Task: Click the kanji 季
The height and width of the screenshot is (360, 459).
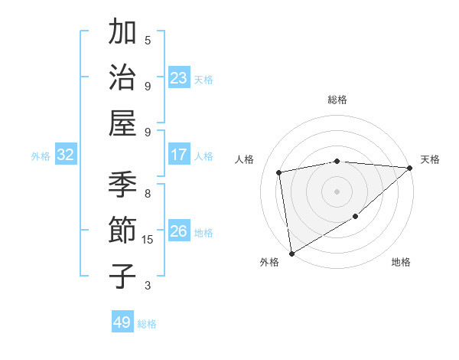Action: (x=123, y=184)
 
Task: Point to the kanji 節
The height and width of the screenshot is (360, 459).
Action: (x=123, y=230)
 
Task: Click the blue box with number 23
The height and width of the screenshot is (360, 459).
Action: (x=179, y=78)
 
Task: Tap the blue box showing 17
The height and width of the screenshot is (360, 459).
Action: (x=179, y=155)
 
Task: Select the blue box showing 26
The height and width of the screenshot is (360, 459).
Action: (x=179, y=231)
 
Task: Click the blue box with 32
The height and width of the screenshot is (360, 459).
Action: (x=66, y=155)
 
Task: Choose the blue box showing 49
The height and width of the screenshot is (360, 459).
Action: (x=122, y=322)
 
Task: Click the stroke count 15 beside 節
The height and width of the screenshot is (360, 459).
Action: (x=148, y=240)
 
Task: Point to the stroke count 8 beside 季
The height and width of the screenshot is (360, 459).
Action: (x=148, y=194)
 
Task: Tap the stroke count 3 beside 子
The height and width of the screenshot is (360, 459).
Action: (x=148, y=286)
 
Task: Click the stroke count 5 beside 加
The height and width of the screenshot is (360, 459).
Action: (x=148, y=40)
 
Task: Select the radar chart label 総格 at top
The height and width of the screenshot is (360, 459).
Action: (x=337, y=100)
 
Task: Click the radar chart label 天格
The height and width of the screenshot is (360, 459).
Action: (x=430, y=159)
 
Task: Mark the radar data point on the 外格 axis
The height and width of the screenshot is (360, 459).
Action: (x=291, y=253)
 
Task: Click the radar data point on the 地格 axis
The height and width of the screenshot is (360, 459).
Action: (x=356, y=217)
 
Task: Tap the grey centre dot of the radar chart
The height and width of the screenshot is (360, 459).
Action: (x=337, y=191)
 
